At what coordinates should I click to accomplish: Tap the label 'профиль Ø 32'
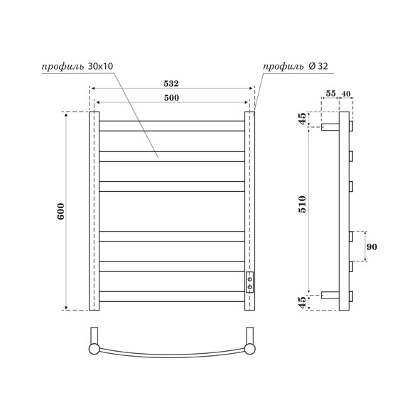coord(294,67)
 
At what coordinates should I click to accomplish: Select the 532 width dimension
coord(172,84)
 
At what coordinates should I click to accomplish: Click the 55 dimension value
coord(330,93)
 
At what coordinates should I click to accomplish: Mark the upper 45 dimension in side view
coord(303,119)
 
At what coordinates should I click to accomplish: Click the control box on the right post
coord(249,282)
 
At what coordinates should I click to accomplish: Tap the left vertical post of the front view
coord(94,211)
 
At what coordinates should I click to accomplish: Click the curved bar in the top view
coord(172,353)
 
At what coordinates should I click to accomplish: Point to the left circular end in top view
coord(94,348)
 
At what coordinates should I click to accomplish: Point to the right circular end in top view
coord(249,348)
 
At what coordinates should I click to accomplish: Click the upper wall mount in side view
coord(330,128)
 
